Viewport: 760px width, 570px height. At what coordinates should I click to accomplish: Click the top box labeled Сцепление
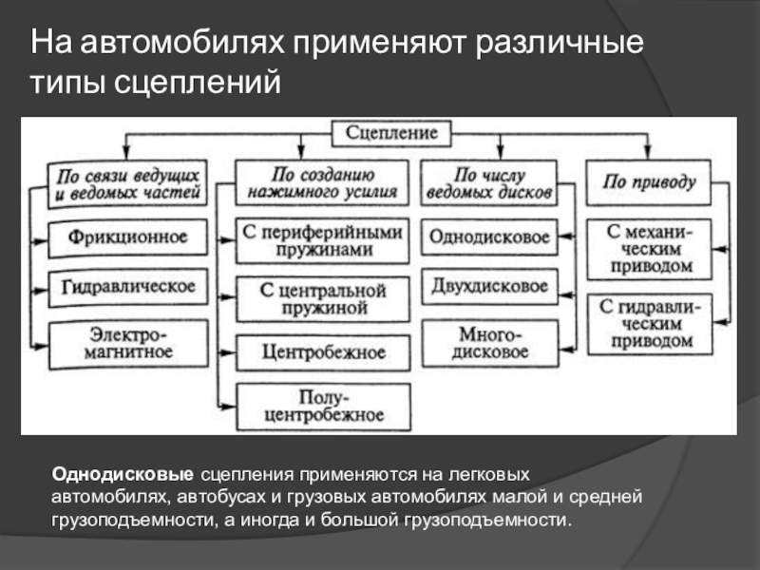pos(392,134)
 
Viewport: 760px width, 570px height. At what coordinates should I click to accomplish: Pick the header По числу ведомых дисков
pos(489,183)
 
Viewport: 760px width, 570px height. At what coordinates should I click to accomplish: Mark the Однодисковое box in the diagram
pos(489,237)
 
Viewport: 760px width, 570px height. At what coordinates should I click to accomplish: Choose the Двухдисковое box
pos(489,286)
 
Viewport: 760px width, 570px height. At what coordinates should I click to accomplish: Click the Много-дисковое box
pos(489,344)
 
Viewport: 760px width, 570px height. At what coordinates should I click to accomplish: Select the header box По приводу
pos(649,181)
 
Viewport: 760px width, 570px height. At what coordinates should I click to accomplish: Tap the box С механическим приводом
pos(649,249)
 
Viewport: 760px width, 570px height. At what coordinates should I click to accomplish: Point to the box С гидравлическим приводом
pos(649,322)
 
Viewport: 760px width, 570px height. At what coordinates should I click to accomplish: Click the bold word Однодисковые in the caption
pos(123,473)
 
